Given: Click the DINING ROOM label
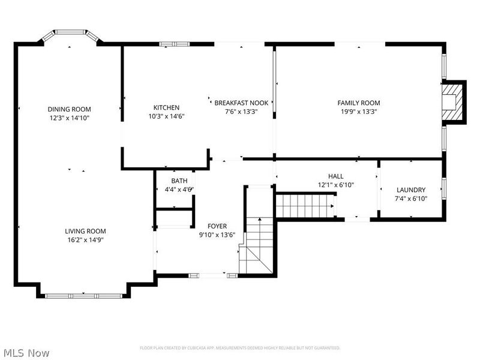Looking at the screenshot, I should click(x=69, y=109).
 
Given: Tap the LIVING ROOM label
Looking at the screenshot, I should click(x=85, y=231).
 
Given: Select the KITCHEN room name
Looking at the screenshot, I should click(x=166, y=107).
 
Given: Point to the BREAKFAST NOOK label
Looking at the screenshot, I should click(x=241, y=103).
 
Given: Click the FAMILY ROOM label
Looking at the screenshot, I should click(x=358, y=103).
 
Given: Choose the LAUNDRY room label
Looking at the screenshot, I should click(x=410, y=190).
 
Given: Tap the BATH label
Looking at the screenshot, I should click(x=179, y=181).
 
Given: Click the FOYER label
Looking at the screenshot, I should click(x=217, y=226).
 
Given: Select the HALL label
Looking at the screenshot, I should click(x=335, y=176).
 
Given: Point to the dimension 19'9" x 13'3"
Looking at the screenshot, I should click(x=358, y=112).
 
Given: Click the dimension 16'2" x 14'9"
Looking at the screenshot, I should click(x=85, y=239).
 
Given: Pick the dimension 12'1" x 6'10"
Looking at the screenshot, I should click(x=335, y=185).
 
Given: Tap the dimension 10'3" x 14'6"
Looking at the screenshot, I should click(x=166, y=116).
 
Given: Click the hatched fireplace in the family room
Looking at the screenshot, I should click(x=453, y=103).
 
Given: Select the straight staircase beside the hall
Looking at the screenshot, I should click(x=304, y=206).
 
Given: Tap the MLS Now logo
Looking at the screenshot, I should click(x=26, y=353).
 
